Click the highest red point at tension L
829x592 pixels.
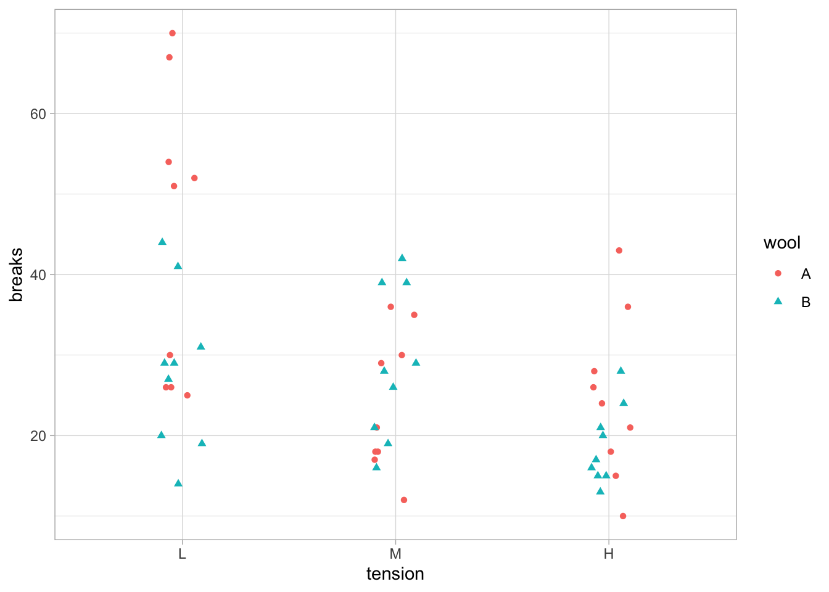pyautogui.click(x=173, y=33)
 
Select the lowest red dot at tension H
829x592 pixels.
pyautogui.click(x=623, y=516)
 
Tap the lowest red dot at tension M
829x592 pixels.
pyautogui.click(x=404, y=500)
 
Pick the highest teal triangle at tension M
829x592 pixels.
pyautogui.click(x=402, y=258)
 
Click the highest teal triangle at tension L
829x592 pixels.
pyautogui.click(x=162, y=242)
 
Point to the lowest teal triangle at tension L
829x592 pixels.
pyautogui.click(x=178, y=483)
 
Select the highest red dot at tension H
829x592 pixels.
pyautogui.click(x=619, y=250)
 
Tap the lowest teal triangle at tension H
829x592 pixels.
pyautogui.click(x=600, y=491)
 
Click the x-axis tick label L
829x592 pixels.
pyautogui.click(x=182, y=554)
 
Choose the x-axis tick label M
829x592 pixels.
pyautogui.click(x=395, y=554)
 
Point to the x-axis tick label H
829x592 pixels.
pyautogui.click(x=609, y=554)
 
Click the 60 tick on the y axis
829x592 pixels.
pyautogui.click(x=38, y=114)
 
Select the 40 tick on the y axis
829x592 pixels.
pyautogui.click(x=38, y=274)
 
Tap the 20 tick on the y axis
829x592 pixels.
pyautogui.click(x=38, y=435)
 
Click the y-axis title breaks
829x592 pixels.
pyautogui.click(x=17, y=274)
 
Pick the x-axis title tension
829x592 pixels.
pyautogui.click(x=395, y=574)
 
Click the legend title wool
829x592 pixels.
pyautogui.click(x=782, y=243)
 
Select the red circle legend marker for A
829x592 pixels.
pyautogui.click(x=778, y=274)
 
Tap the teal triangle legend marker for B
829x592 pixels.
pyautogui.click(x=778, y=302)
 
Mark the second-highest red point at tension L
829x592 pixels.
pyautogui.click(x=170, y=57)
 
